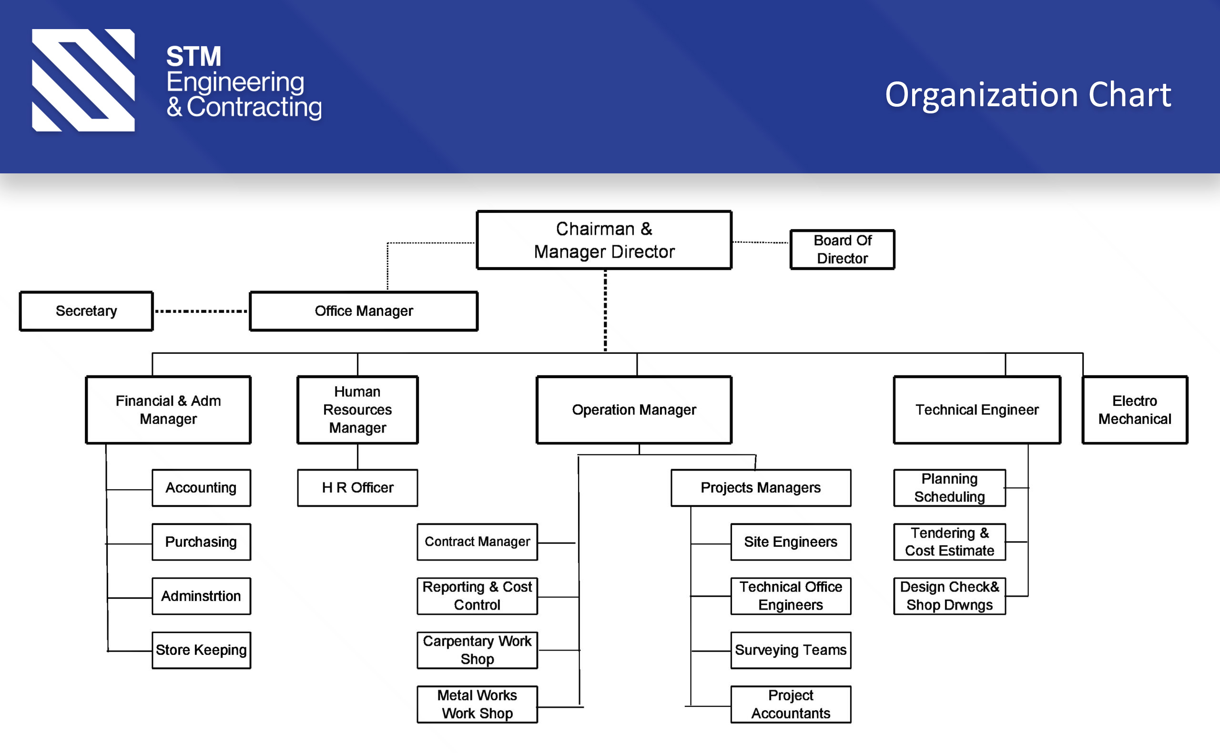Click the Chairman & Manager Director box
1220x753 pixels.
coord(604,240)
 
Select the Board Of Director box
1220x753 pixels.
coord(842,250)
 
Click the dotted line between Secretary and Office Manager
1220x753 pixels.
coord(201,311)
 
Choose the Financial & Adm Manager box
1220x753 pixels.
coord(168,410)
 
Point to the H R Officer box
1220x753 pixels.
coord(358,488)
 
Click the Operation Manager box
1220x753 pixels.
coord(634,410)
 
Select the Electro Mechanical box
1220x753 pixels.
coord(1134,410)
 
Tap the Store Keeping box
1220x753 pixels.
coord(201,650)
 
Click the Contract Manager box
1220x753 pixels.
coord(477,542)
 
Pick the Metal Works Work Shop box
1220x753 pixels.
coord(477,704)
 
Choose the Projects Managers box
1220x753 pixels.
coord(761,488)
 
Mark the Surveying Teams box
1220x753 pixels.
coord(791,650)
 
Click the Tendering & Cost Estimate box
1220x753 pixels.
coord(949,542)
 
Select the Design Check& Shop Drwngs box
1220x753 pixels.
coord(949,596)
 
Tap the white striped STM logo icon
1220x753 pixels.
coord(83,80)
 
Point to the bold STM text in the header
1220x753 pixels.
coord(194,56)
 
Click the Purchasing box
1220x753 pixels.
coord(201,542)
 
